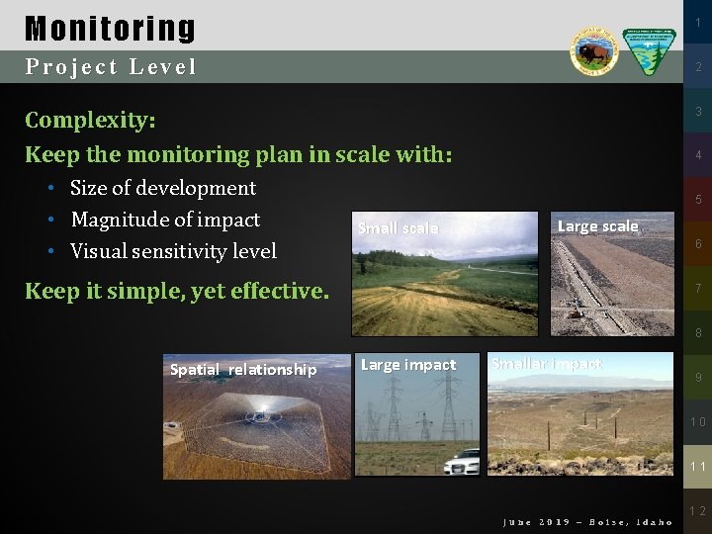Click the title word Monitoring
pos(110,28)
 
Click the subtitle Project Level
pos(111,67)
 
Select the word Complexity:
pos(90,121)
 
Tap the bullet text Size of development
pos(163,188)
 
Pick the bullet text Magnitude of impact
pos(165,220)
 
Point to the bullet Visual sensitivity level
pos(173,251)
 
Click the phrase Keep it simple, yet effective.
pos(176,291)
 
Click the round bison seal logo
pos(593,51)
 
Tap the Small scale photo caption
pos(398,228)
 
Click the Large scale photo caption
pos(597,226)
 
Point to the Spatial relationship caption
pos(243,370)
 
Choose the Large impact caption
pos(408,365)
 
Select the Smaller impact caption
pos(547,364)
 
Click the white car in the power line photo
pos(462,463)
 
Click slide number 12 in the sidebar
pos(697,511)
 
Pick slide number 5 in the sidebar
pos(697,200)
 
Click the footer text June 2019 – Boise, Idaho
pos(587,522)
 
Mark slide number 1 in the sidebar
pos(697,23)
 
